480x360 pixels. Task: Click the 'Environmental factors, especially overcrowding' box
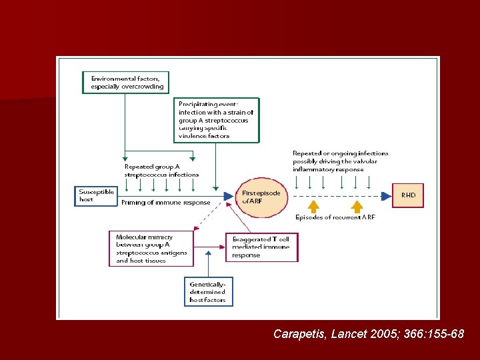[x=127, y=82]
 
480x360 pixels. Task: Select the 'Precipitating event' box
[x=217, y=120]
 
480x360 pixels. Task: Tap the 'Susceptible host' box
[x=97, y=195]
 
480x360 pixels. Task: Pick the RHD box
[x=408, y=195]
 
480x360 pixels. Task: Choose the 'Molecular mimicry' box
[x=151, y=249]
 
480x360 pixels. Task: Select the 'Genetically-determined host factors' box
[x=208, y=291]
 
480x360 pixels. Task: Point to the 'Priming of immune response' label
[x=166, y=203]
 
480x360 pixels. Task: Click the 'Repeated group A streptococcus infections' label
[x=161, y=171]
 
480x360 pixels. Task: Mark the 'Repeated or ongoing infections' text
[x=340, y=161]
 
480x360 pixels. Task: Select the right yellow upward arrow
[x=357, y=205]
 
